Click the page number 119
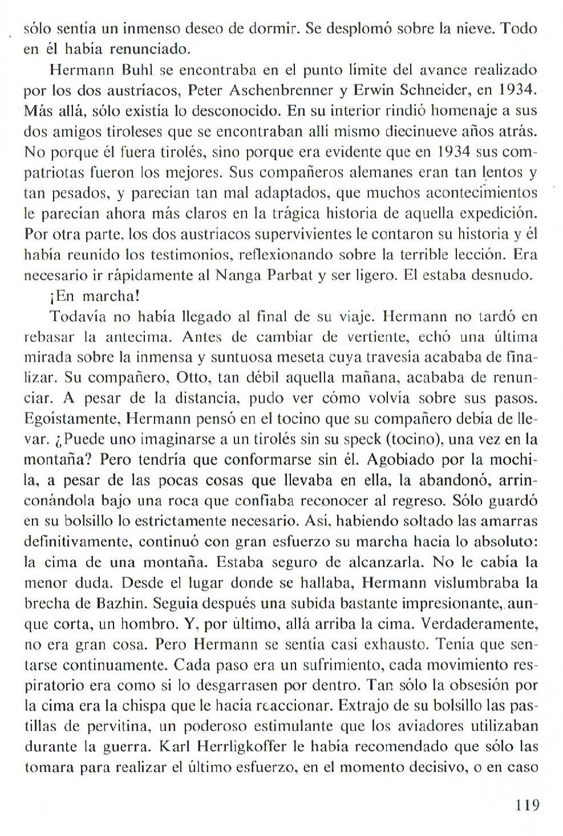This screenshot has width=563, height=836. pyautogui.click(x=526, y=805)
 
